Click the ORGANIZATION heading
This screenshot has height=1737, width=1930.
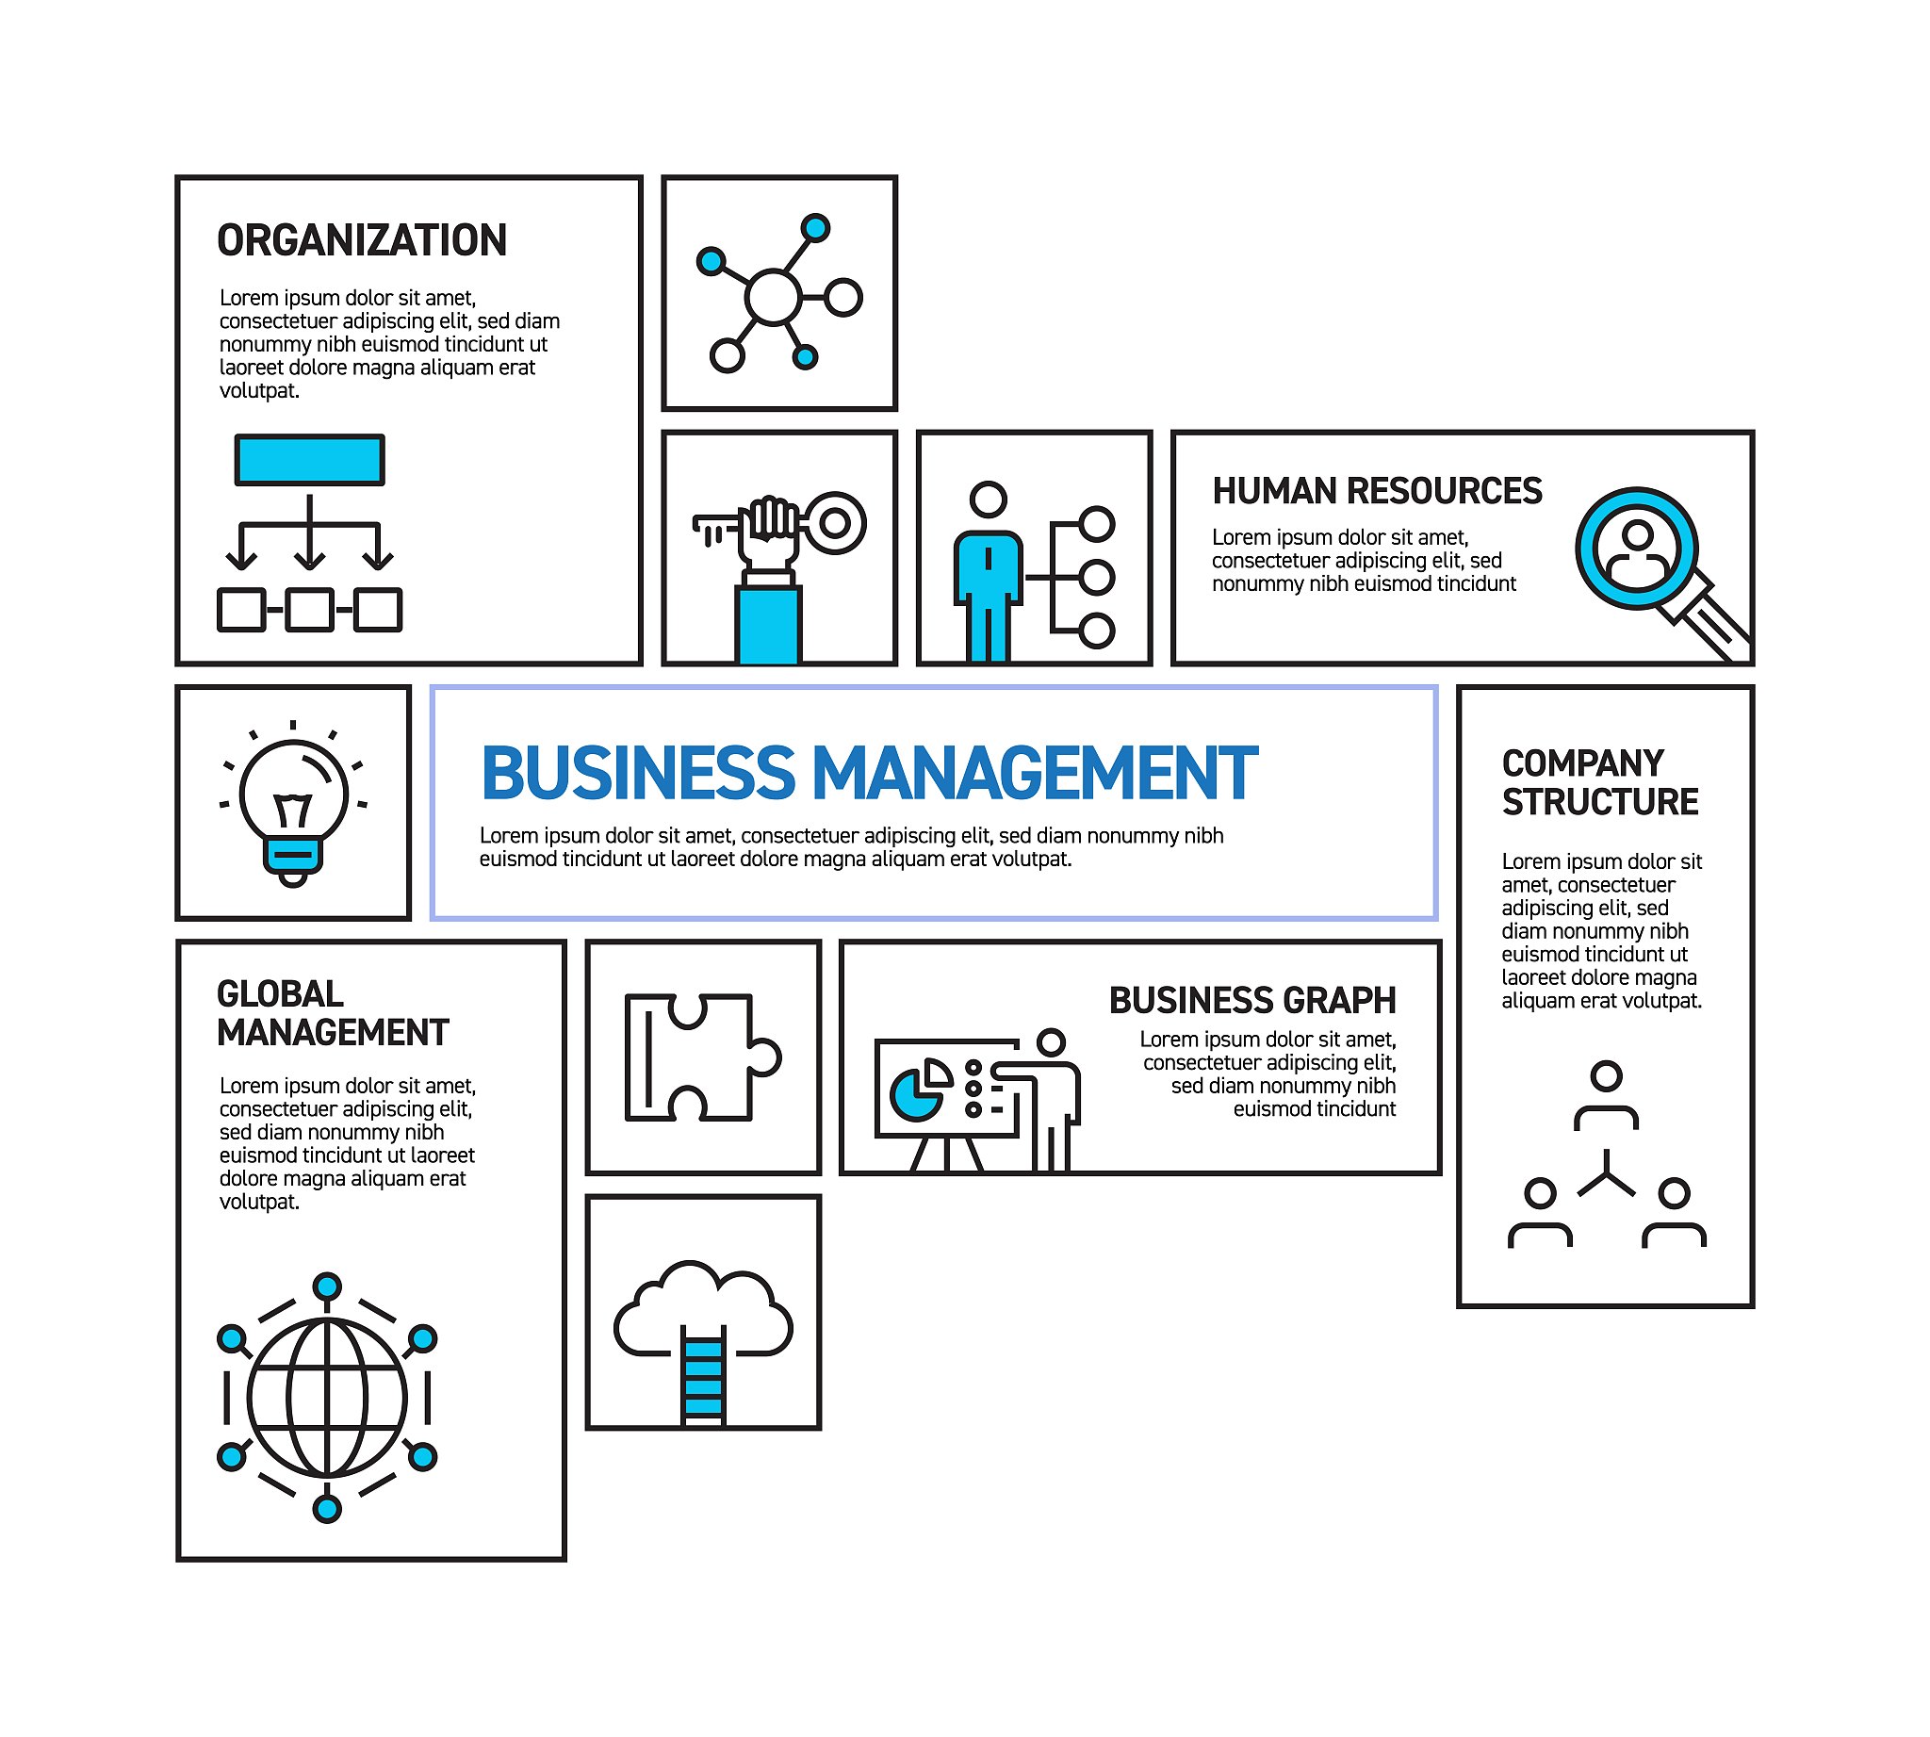362,239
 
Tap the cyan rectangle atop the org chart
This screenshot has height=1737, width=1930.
309,460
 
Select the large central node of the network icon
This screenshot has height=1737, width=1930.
772,297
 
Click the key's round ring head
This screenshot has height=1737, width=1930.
835,522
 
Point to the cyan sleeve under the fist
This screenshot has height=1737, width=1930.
767,625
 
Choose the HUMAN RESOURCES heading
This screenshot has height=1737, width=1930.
1377,490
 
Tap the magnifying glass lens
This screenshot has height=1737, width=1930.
1636,548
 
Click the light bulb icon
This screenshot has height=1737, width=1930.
293,804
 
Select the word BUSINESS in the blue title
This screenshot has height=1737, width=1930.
638,773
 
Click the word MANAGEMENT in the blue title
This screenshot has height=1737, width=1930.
1035,773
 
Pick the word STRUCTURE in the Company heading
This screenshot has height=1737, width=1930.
1600,802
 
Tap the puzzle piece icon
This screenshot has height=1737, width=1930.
702,1057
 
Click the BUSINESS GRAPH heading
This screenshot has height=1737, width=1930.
1252,1000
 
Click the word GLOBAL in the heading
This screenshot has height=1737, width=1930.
280,994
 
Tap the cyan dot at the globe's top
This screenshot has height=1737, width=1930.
327,1286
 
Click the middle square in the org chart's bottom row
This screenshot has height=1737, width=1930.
309,610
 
